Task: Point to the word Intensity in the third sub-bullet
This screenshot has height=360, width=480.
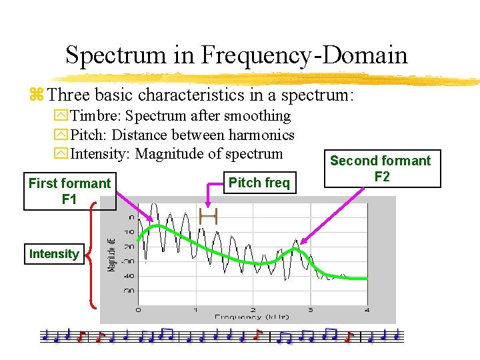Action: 101,155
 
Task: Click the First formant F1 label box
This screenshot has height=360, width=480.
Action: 70,191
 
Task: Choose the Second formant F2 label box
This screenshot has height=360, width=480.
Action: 381,169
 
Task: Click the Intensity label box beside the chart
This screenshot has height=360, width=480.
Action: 54,254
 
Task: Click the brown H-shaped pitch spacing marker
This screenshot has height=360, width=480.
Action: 209,215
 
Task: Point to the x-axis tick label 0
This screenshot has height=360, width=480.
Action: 138,310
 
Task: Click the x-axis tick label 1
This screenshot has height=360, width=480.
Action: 195,310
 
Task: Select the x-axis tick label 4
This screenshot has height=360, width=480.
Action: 367,310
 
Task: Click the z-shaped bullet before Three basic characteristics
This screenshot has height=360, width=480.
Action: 36,95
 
